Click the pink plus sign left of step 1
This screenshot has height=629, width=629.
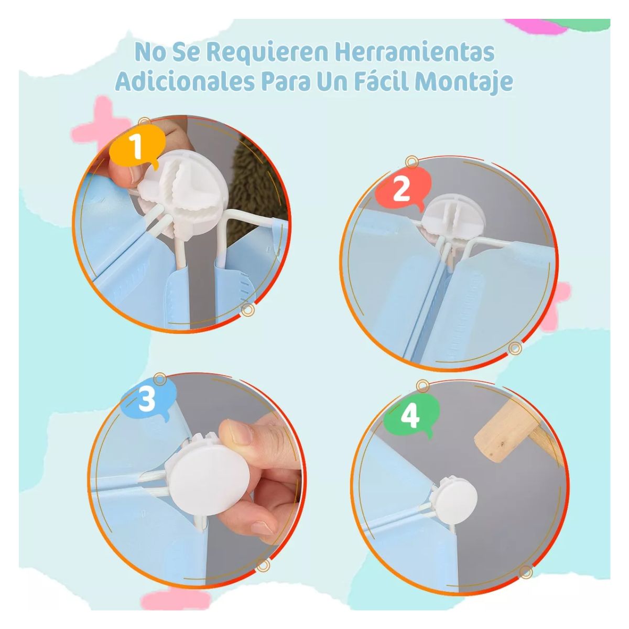tap(105, 122)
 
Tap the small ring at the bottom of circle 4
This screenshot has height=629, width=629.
tap(526, 572)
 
